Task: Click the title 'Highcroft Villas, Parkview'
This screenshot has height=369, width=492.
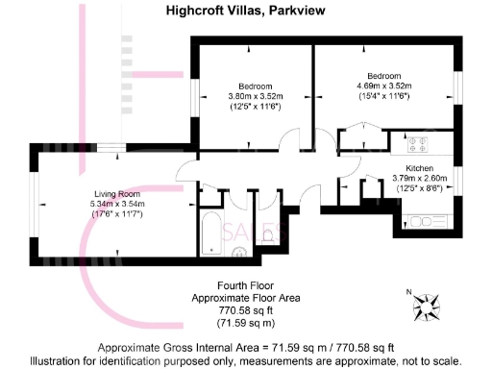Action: (x=246, y=11)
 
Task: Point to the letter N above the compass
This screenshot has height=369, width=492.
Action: (x=408, y=291)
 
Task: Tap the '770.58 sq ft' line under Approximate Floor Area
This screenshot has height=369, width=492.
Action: (x=246, y=310)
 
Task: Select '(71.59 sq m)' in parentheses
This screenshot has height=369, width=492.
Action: (x=246, y=322)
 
